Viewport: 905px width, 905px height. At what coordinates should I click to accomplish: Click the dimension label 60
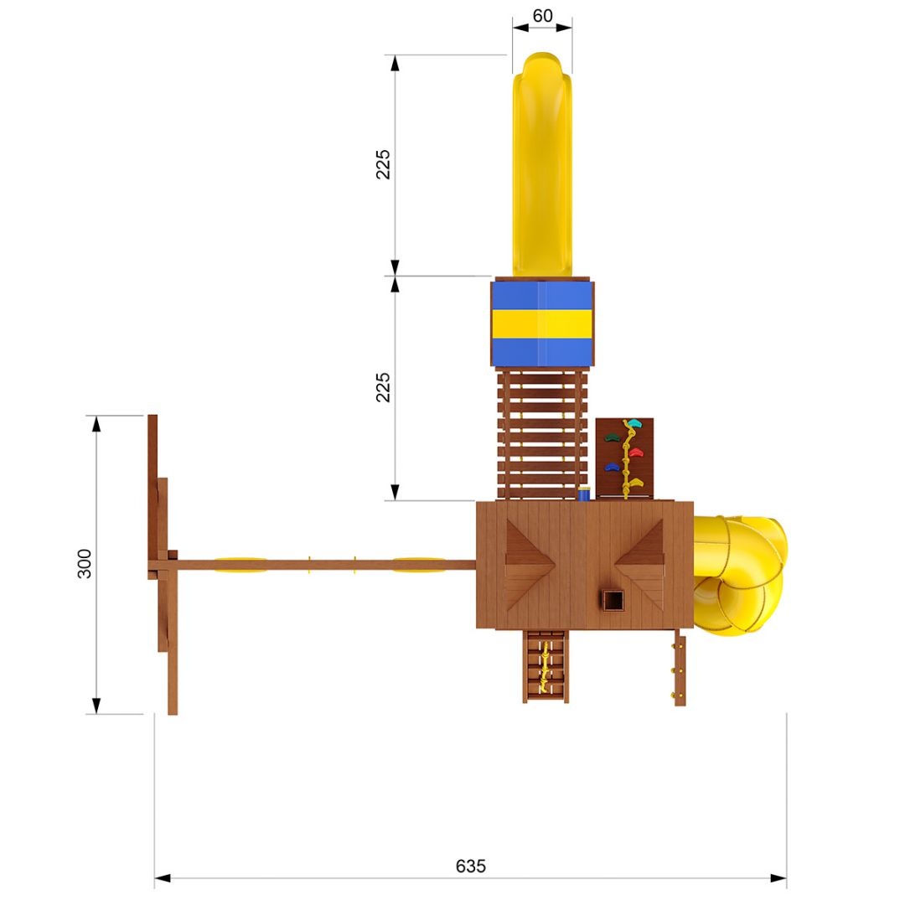pos(542,16)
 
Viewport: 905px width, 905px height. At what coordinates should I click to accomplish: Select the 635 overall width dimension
pos(470,866)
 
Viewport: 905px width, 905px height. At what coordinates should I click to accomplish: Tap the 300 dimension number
pos(85,563)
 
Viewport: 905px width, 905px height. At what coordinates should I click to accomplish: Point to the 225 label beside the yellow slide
pos(383,164)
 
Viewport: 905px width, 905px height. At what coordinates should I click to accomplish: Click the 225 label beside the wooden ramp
pos(383,387)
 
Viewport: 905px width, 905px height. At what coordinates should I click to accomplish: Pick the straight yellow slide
pos(542,164)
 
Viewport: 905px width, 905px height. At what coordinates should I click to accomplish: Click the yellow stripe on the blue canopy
pos(542,323)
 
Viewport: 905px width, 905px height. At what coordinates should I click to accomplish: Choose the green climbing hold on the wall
pos(612,437)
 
